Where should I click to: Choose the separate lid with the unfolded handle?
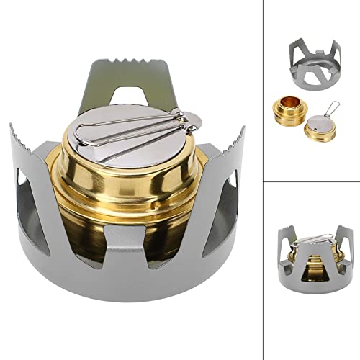click(317, 128)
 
